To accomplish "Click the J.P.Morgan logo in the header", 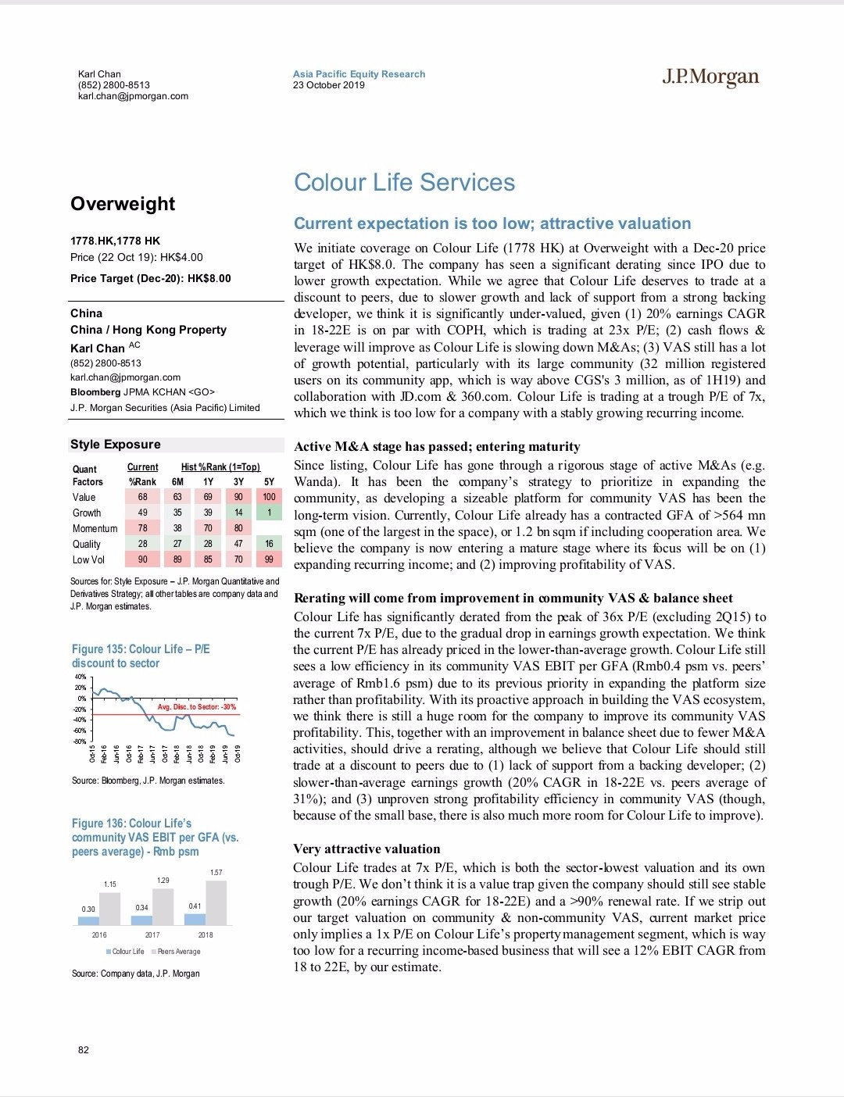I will tap(710, 77).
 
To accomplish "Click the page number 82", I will tap(84, 1049).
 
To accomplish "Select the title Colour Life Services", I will tap(404, 183).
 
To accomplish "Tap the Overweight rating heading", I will tap(123, 204).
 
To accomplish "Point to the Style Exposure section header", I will tap(116, 445).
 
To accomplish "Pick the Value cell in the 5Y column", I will tap(269, 497).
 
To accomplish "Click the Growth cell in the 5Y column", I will tap(269, 513).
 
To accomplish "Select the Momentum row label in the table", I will tap(95, 528).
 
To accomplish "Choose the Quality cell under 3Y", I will tap(238, 544).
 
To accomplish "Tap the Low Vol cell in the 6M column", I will tap(177, 559).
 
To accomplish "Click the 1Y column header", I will tap(208, 482).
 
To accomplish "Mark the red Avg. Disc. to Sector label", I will tap(197, 707).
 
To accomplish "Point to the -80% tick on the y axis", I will tap(80, 741).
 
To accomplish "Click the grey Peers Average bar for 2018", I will tap(216, 903).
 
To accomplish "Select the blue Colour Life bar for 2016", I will tap(88, 920).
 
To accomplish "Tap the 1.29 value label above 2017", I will tap(163, 881).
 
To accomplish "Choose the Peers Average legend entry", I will tap(179, 952).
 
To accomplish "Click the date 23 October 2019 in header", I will tap(328, 85).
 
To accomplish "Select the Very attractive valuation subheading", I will tap(367, 849).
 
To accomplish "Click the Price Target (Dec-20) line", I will tap(151, 278).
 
